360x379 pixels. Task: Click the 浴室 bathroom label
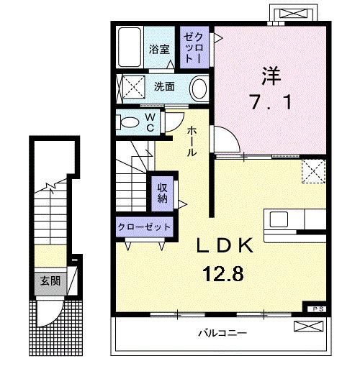(159, 50)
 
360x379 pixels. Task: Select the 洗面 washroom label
(163, 87)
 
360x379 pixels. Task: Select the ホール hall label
(193, 140)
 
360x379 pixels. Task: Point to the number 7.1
(271, 103)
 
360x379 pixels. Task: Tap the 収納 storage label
(163, 192)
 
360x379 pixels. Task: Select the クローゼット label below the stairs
(144, 227)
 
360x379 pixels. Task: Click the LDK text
(226, 246)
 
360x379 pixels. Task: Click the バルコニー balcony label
(222, 334)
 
